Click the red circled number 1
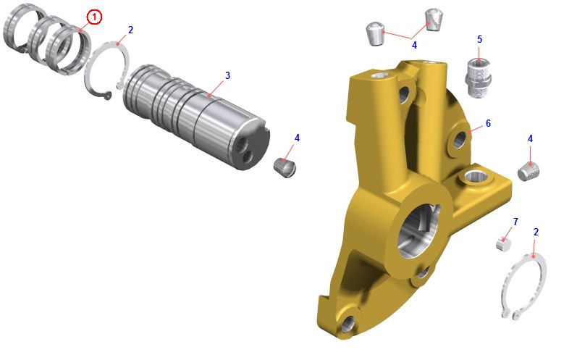click(94, 17)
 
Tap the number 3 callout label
click(227, 75)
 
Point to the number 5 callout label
click(479, 39)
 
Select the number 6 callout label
click(489, 123)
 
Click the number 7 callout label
click(515, 222)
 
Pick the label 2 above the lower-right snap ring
click(536, 232)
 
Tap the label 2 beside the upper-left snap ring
click(130, 30)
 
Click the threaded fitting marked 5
click(478, 78)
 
